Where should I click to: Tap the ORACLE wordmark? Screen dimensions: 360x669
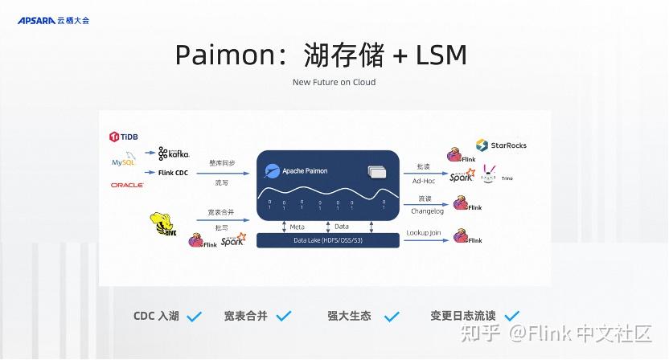point(127,185)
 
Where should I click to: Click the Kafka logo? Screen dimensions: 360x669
point(173,153)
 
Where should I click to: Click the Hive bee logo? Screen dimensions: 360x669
point(162,224)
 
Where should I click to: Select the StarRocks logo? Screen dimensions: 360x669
point(501,145)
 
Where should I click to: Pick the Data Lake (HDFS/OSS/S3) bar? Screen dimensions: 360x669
point(328,240)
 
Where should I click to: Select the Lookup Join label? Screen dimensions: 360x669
point(424,232)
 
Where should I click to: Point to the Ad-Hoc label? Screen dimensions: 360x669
point(423,180)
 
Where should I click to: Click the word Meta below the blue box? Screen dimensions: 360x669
point(297,227)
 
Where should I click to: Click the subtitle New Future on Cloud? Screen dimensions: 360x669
point(334,82)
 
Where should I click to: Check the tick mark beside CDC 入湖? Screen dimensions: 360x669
point(194,317)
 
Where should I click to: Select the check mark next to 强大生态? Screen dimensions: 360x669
point(392,317)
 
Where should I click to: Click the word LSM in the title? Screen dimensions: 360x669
point(441,55)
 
